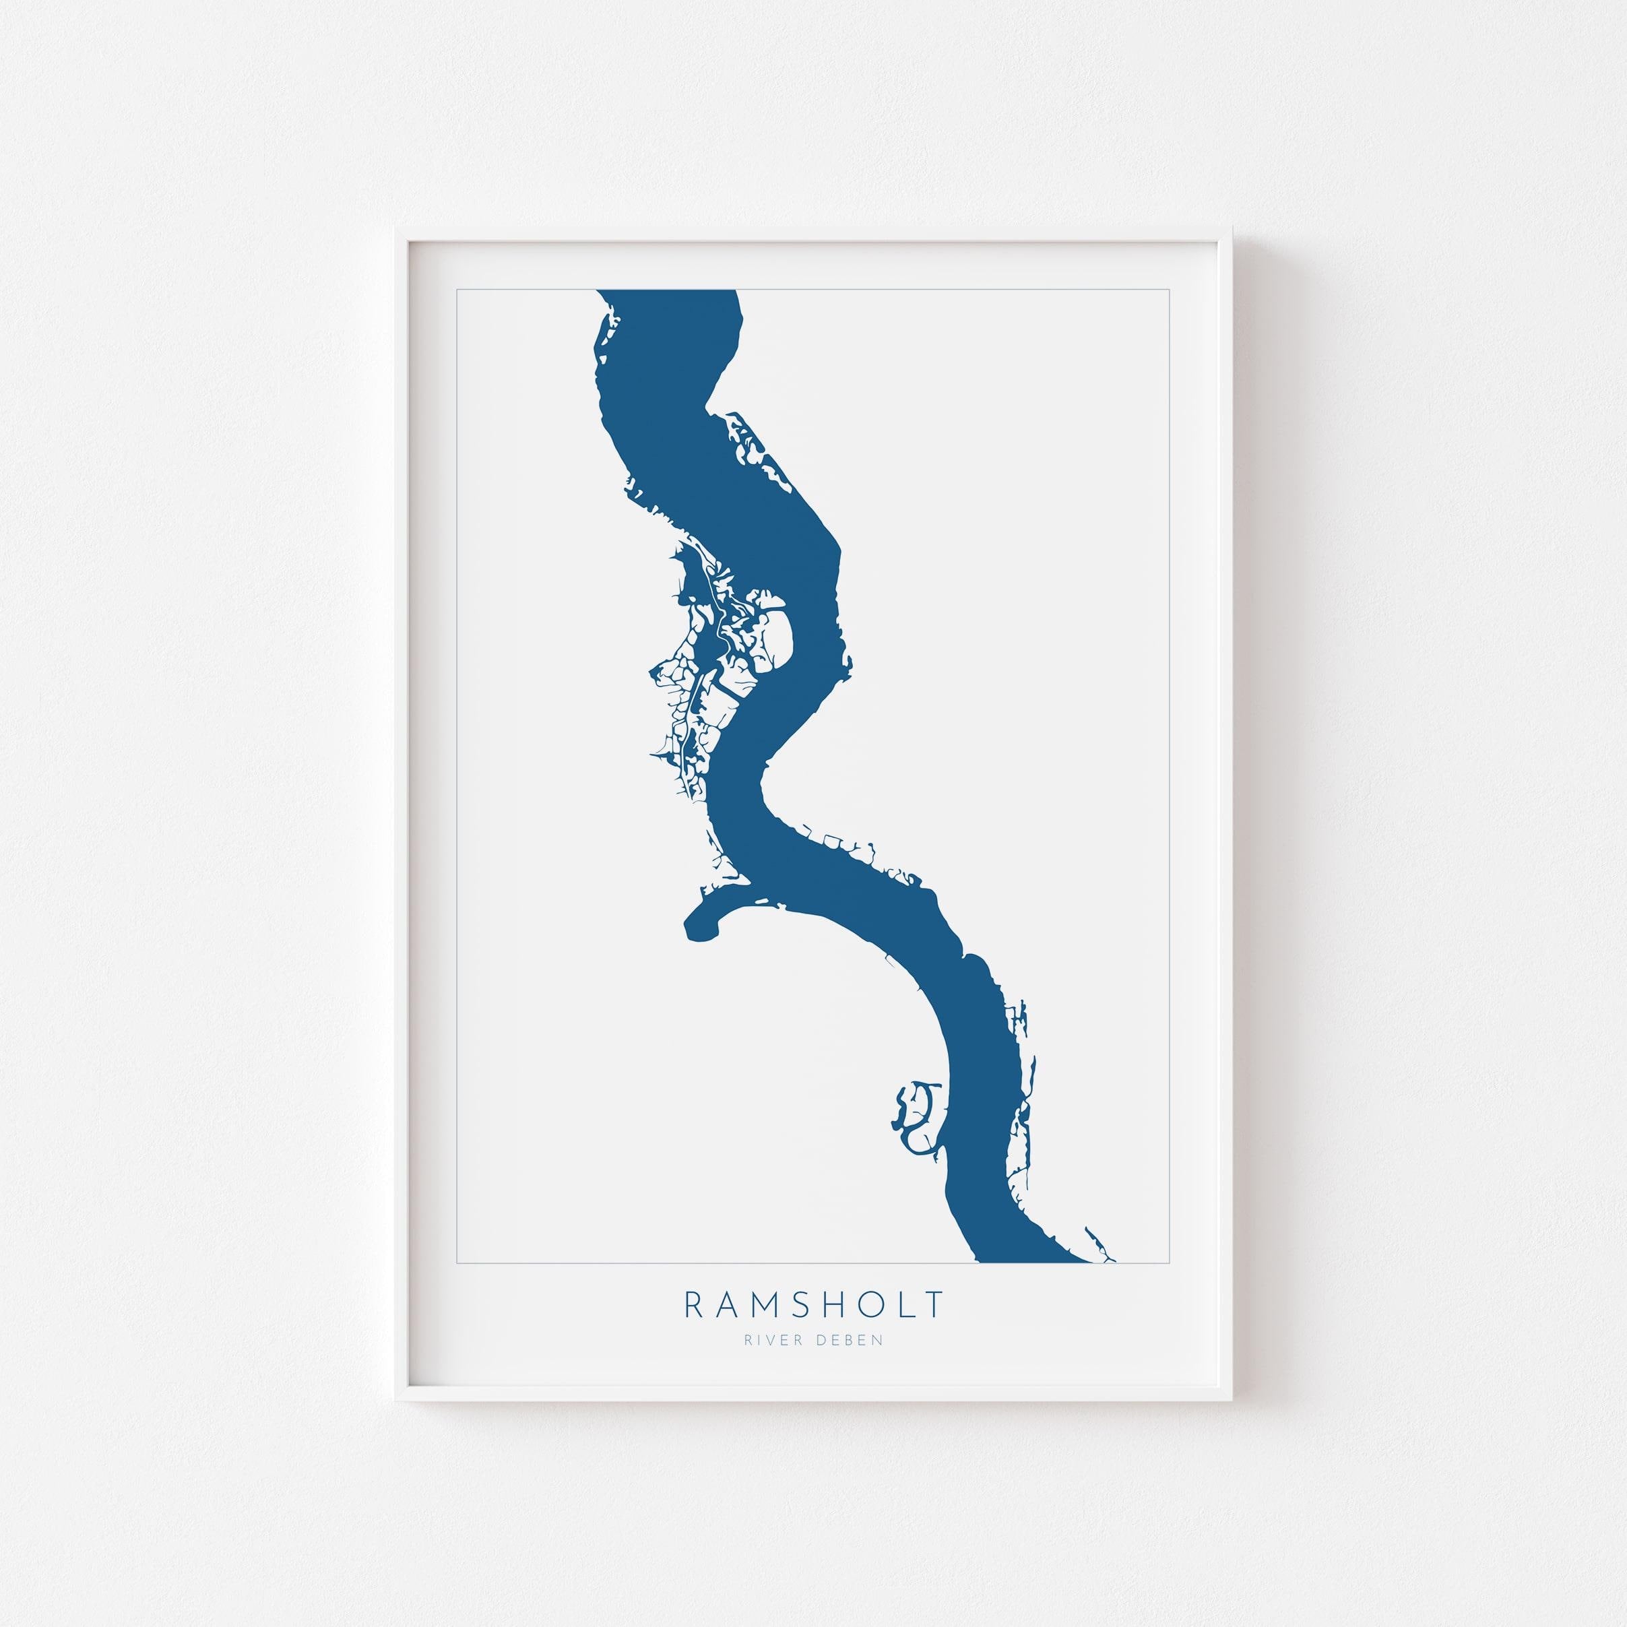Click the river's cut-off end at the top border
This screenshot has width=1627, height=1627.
[x=667, y=293]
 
